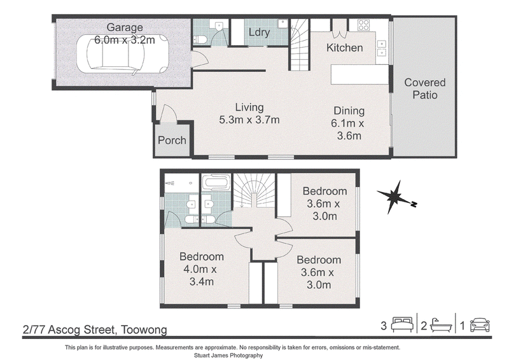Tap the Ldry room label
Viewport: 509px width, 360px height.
[260, 32]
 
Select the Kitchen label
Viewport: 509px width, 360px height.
[344, 48]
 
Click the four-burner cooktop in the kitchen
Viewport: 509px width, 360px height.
[363, 25]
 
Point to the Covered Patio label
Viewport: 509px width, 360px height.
[425, 88]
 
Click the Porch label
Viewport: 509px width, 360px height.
[172, 140]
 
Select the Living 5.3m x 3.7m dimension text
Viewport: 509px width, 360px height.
[249, 113]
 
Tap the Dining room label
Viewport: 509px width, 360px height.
[349, 111]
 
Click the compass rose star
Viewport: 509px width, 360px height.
[394, 197]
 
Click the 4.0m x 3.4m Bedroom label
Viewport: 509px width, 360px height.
[202, 269]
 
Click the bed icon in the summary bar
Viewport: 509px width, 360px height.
[402, 324]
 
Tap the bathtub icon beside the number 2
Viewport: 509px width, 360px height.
[441, 325]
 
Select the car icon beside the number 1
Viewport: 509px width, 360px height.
[480, 325]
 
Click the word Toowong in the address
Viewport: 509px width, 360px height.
[144, 330]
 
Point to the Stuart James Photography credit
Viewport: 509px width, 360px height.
[228, 356]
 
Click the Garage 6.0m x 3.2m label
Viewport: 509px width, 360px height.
[125, 34]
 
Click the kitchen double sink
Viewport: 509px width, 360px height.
[381, 48]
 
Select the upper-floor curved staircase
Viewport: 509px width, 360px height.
[254, 191]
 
